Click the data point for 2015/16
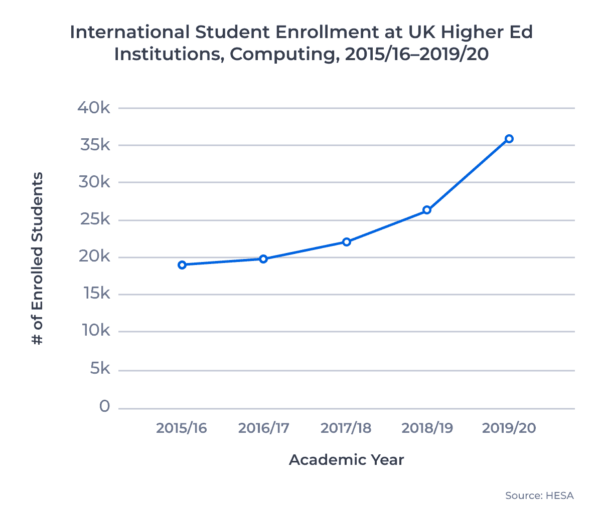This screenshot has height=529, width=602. coord(182,264)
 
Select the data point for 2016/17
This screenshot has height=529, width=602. coord(263,259)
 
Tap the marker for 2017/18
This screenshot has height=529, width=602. coord(346,242)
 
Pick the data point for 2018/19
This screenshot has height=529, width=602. coord(427,210)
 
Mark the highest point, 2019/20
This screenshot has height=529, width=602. coord(509,139)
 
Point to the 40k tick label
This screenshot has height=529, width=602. coord(94,108)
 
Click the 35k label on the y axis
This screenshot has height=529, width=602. coord(94,145)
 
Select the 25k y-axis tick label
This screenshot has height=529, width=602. coord(94,219)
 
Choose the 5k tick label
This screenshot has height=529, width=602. coord(100,369)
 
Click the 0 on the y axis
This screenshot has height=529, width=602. coord(104,406)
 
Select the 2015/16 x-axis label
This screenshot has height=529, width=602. coord(182,428)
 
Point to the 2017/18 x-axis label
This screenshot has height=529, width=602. coord(346,428)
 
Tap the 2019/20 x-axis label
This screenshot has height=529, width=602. coord(509,428)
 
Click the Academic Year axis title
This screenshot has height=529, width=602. coord(346,460)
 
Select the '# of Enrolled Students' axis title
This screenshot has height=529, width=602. coord(37,258)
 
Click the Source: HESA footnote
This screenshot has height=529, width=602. coord(539,495)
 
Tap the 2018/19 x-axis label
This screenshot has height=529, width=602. coord(427,428)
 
